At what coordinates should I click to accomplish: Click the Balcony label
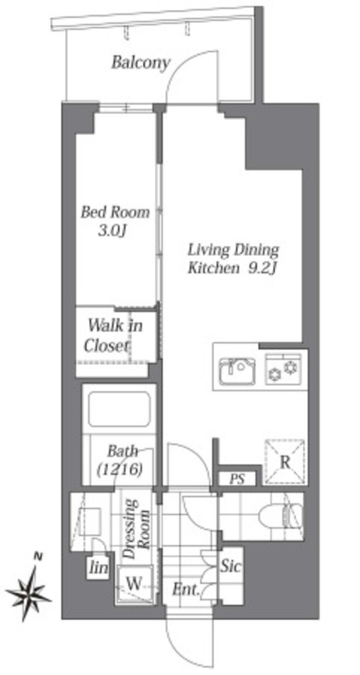(x=141, y=63)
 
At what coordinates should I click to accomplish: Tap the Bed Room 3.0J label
(x=115, y=221)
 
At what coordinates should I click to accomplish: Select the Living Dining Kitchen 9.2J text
(x=233, y=258)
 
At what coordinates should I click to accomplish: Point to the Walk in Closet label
(x=113, y=336)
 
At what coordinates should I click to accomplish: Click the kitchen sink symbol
(x=237, y=370)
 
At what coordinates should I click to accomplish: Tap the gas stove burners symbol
(x=283, y=369)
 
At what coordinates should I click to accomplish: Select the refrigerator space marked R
(x=284, y=462)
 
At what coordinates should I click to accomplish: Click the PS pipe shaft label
(x=237, y=479)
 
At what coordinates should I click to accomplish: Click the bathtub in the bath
(x=119, y=409)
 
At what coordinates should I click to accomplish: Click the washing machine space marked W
(x=134, y=584)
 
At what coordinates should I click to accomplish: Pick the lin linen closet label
(x=99, y=568)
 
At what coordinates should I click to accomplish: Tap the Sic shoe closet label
(x=231, y=566)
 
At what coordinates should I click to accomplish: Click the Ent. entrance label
(x=186, y=589)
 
